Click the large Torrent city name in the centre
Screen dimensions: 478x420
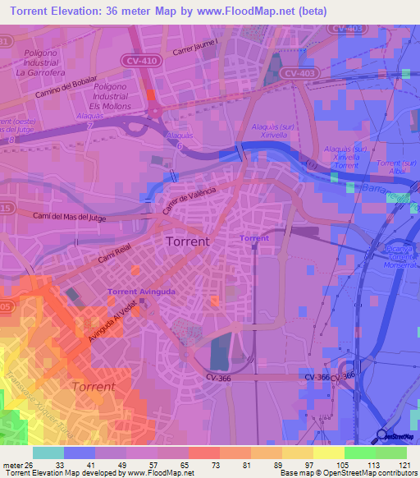click(187, 241)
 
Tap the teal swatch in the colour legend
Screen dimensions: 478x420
click(48, 453)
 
